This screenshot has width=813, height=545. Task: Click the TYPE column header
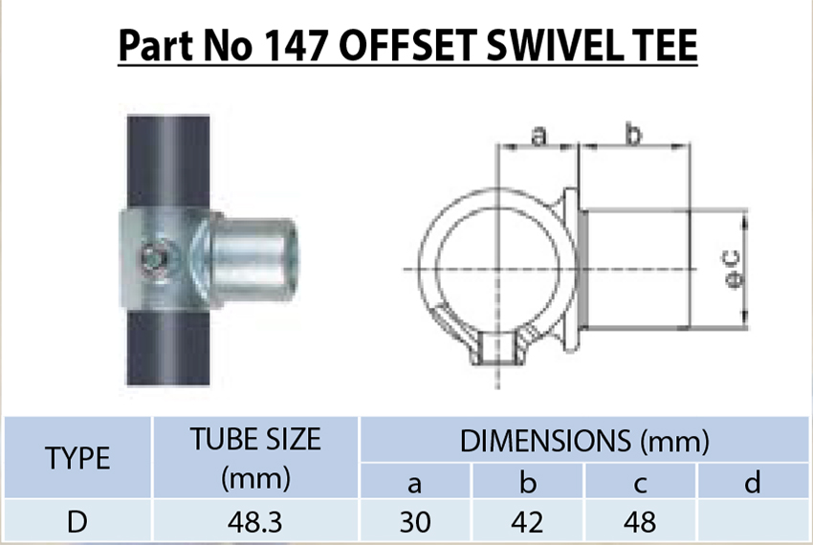(x=78, y=458)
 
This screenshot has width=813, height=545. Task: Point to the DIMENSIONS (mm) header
(x=584, y=441)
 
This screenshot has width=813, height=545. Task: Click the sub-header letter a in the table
(x=414, y=483)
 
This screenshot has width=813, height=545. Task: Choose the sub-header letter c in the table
(x=641, y=483)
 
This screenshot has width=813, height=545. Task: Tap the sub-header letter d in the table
(x=753, y=483)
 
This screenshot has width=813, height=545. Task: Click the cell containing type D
(x=78, y=522)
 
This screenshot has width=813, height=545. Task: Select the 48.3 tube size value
(x=254, y=522)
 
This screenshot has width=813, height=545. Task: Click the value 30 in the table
(x=414, y=522)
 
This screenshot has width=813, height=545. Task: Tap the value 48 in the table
(x=641, y=522)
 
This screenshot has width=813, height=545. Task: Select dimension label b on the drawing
(x=633, y=135)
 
